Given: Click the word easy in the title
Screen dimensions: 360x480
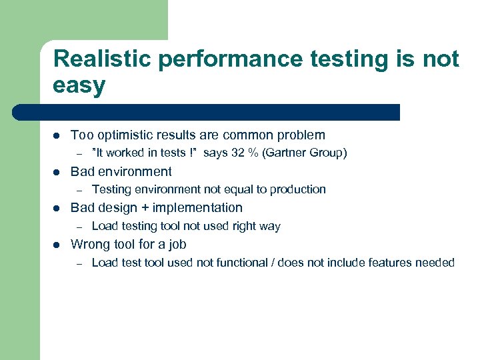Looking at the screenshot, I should [79, 85].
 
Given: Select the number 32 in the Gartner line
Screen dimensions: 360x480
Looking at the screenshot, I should [238, 153].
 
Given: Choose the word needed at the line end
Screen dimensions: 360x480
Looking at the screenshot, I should [434, 263].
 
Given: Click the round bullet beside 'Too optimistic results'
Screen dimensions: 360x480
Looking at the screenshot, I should [57, 135].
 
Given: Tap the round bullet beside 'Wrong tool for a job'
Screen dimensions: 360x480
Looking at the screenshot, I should [57, 245].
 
